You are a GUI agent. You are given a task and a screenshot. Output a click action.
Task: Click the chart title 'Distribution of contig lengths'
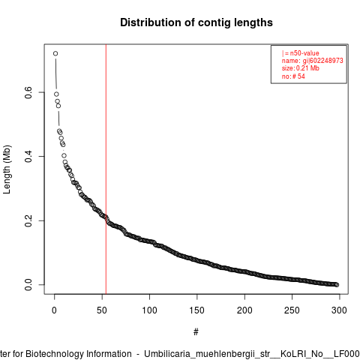click(x=196, y=22)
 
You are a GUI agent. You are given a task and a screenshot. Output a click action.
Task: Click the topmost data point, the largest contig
click(x=55, y=53)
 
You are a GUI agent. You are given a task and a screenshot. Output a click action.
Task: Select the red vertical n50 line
click(x=106, y=169)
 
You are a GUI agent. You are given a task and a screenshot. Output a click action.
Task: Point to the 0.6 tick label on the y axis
click(x=28, y=92)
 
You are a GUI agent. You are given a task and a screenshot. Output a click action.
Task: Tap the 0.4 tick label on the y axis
click(x=28, y=157)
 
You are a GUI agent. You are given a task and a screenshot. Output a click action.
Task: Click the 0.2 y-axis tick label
click(x=28, y=220)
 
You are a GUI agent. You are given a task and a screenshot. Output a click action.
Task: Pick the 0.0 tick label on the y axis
click(x=28, y=285)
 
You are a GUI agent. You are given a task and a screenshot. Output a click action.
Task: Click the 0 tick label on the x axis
click(x=54, y=310)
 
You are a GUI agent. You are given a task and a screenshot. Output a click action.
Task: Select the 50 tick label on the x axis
click(x=102, y=310)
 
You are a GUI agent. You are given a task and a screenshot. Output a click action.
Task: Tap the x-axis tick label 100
click(x=149, y=310)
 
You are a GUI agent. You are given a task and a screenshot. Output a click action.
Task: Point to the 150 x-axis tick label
click(x=197, y=310)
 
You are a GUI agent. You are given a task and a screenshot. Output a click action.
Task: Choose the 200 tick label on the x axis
click(x=244, y=310)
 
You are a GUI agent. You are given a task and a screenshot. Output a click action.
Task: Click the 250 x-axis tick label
click(x=292, y=310)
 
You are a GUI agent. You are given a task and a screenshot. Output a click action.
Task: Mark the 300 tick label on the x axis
click(x=339, y=310)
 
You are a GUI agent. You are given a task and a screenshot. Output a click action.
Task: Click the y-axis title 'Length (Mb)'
click(x=7, y=169)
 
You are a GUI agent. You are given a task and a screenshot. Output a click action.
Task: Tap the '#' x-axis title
click(x=196, y=332)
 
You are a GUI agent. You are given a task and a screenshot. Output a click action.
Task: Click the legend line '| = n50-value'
click(x=301, y=53)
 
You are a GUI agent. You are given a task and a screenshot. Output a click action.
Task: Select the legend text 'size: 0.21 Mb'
click(x=301, y=68)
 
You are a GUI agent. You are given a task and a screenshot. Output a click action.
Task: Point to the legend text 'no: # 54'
click(x=293, y=76)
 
